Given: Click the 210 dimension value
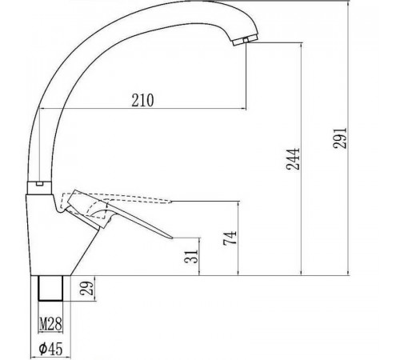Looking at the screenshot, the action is [x=142, y=100].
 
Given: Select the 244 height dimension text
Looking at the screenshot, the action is [x=293, y=159].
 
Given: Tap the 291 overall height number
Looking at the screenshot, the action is [x=340, y=138].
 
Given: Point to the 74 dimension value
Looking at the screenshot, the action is [x=230, y=238].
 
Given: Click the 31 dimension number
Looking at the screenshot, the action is [x=191, y=257].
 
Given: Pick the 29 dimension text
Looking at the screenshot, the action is [x=87, y=288].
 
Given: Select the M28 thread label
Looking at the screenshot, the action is [x=50, y=324].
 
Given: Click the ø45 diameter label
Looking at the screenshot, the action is [x=50, y=348].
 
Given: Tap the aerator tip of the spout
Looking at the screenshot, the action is [x=245, y=40].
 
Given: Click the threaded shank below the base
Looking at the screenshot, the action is [x=50, y=288].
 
